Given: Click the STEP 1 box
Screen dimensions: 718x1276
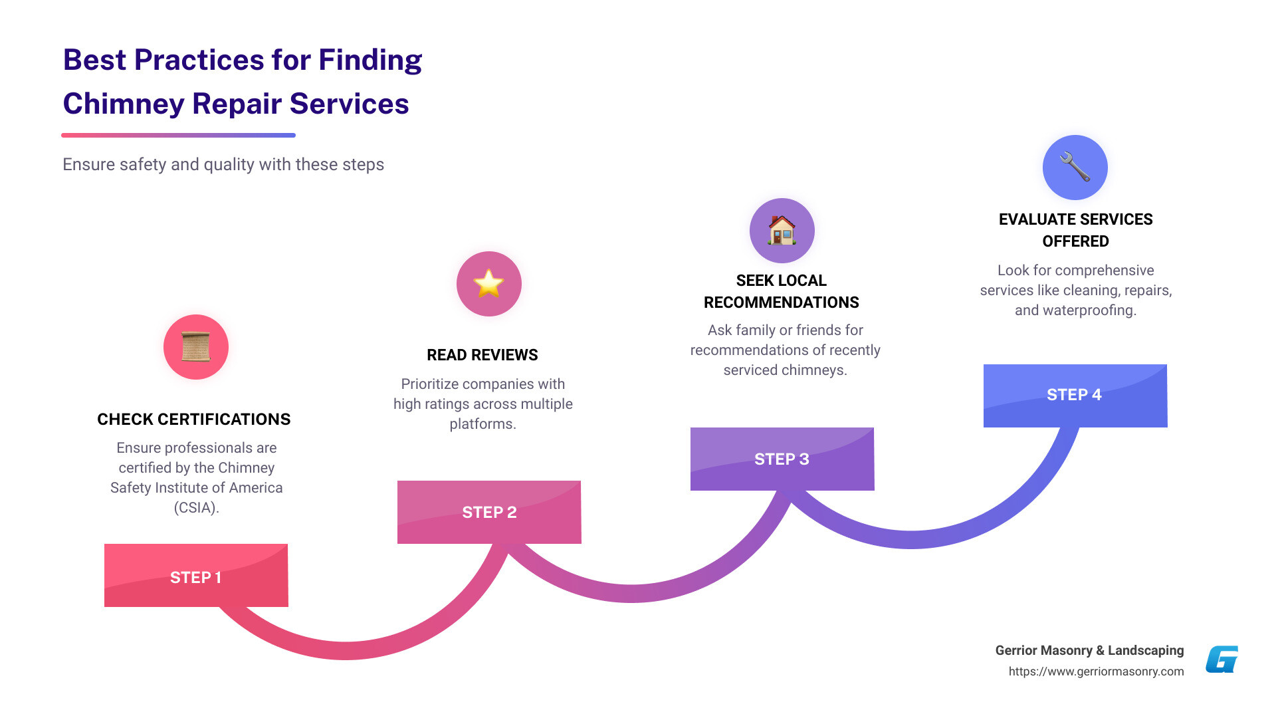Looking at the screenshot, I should pos(196,576).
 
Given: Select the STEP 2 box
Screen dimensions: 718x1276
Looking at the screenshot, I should pos(489,512).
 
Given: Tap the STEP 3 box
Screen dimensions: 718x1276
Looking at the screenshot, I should pos(782,459).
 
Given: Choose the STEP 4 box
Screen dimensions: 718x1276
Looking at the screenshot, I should pos(1075,396).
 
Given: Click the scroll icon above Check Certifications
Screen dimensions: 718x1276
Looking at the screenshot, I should pos(196,347).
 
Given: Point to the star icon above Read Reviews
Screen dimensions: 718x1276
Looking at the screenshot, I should pos(488,284).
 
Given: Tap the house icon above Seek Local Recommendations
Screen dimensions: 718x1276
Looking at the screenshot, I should pos(782,231).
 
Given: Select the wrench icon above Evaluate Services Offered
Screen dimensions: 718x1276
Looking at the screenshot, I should pos(1075,168).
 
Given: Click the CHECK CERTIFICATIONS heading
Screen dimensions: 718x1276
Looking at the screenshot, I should pos(194,419).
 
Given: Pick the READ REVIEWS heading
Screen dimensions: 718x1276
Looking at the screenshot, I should pos(482,355).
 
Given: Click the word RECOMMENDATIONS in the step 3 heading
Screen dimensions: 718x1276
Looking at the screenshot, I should pos(782,303).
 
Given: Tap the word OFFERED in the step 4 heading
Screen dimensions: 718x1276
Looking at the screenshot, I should pos(1075,241).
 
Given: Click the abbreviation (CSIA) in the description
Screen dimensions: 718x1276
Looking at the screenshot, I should pos(196,508).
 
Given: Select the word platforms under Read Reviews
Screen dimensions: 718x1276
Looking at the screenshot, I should pos(482,424).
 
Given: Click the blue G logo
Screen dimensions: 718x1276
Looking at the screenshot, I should pos(1222,659).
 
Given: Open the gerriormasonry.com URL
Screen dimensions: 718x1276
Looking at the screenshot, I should pos(1096,671).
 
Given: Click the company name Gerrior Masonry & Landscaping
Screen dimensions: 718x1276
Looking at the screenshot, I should pos(1089,650).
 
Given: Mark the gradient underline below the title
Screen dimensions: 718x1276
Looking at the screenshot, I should pos(178,136).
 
